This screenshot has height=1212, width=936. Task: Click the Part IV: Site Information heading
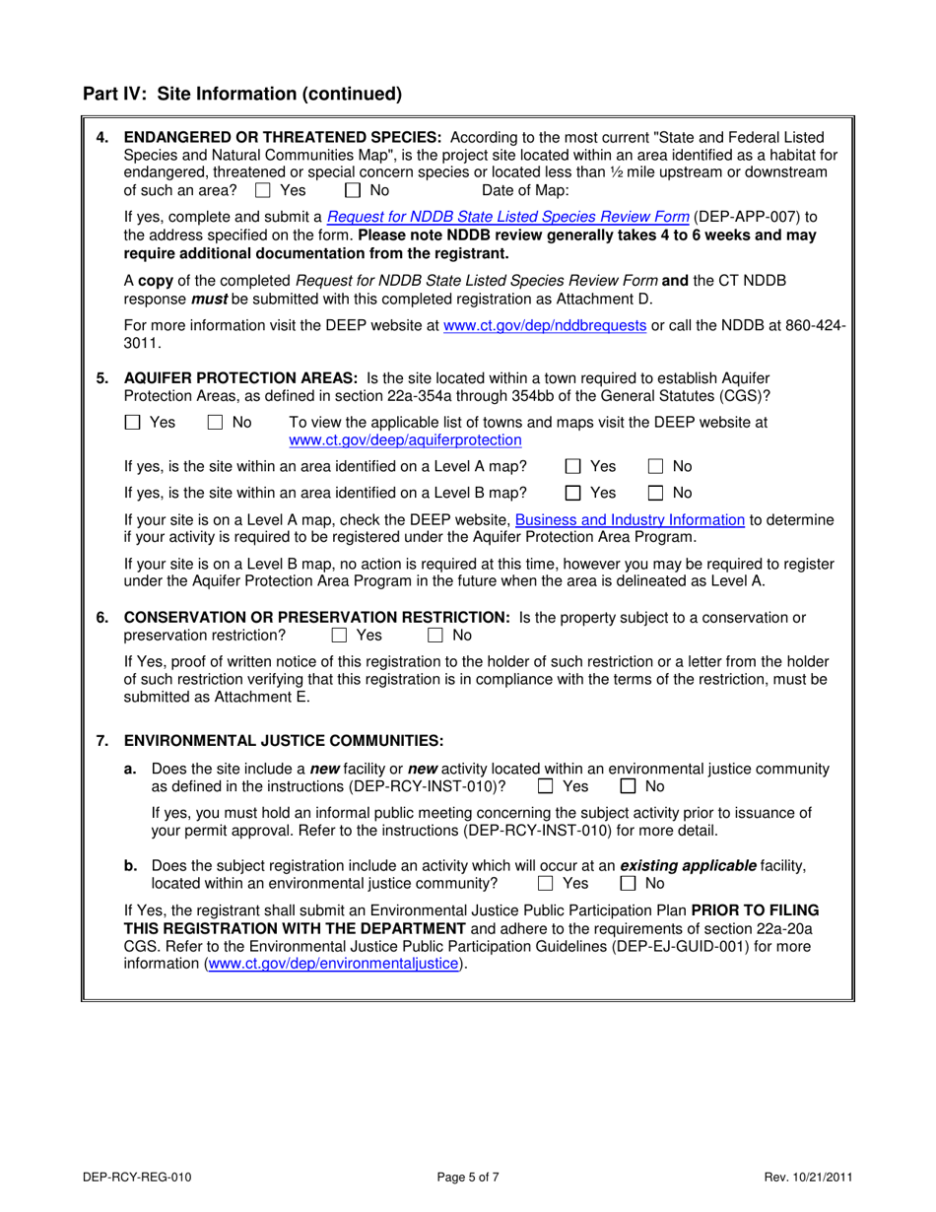point(242,95)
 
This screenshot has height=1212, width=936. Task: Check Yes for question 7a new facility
point(546,786)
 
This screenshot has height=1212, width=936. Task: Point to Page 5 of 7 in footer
point(468,1176)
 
